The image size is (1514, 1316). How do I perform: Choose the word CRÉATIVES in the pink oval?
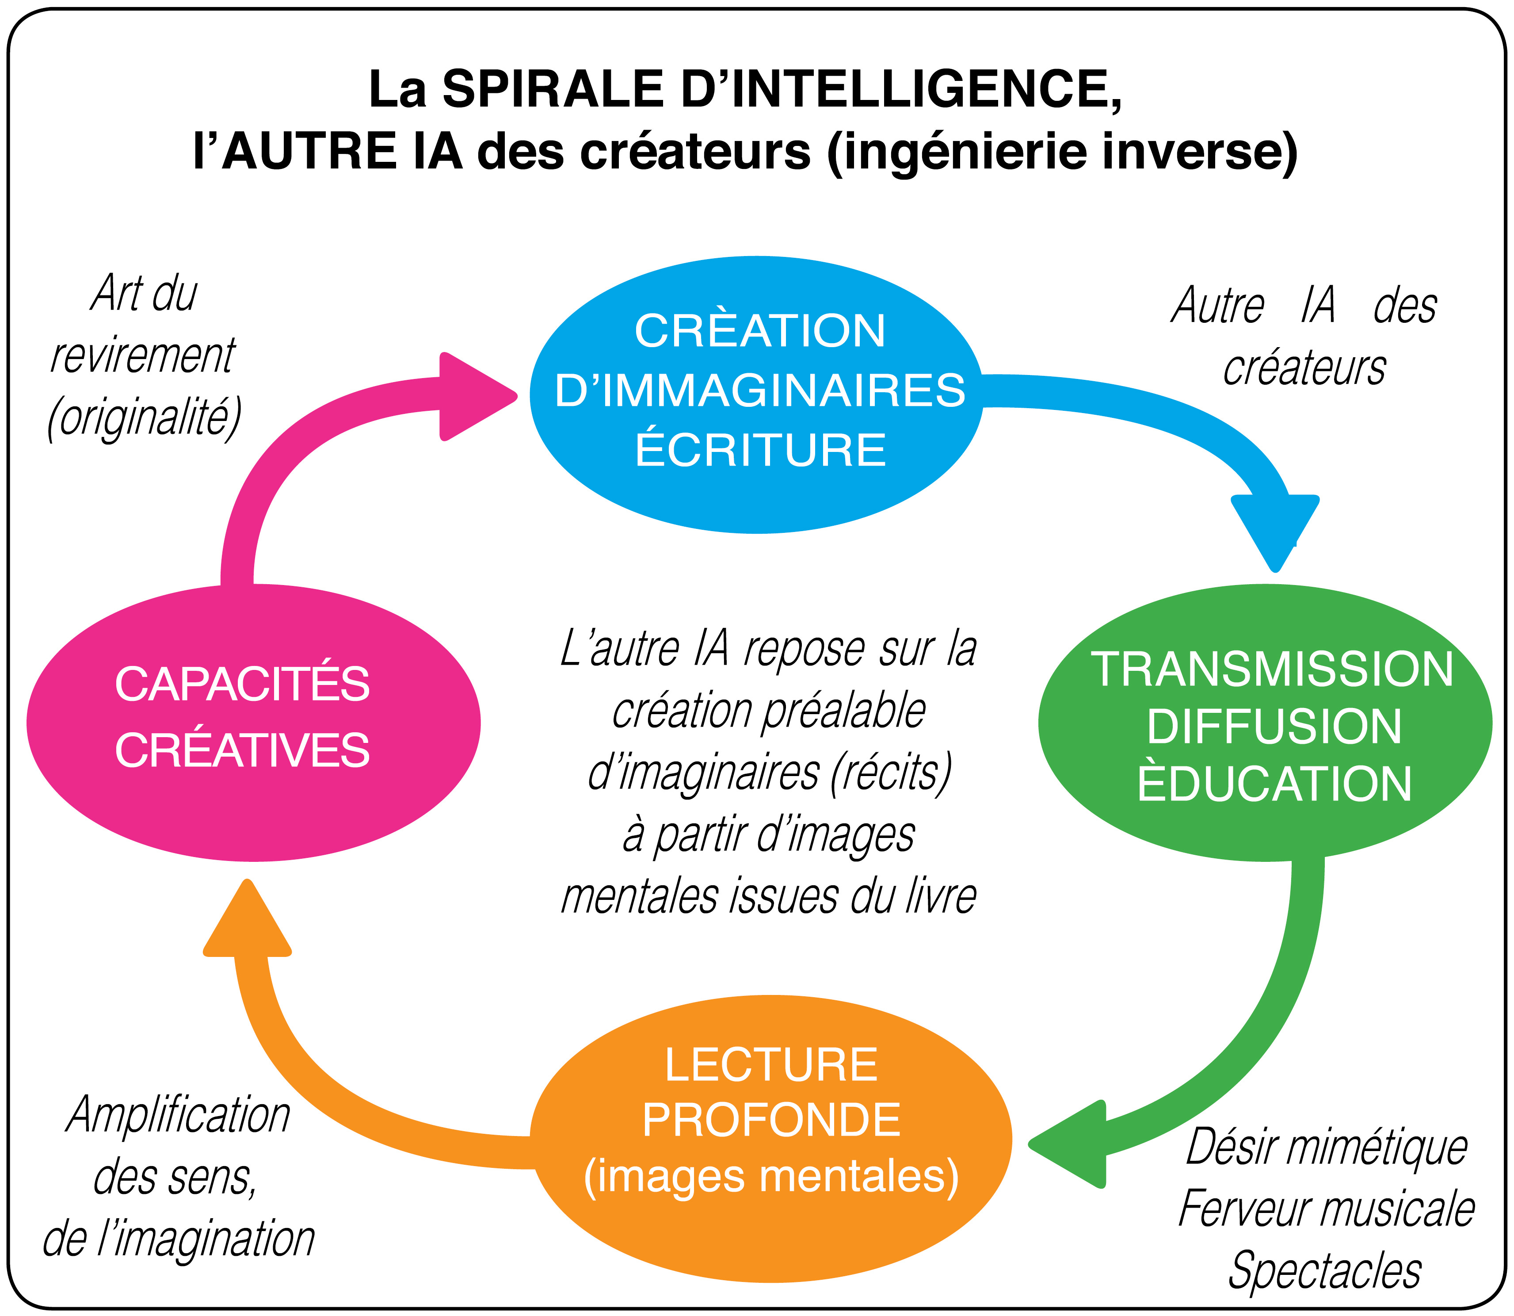tap(242, 750)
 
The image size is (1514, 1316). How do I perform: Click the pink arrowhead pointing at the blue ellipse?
tap(473, 397)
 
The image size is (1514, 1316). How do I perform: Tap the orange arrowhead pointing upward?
tap(248, 921)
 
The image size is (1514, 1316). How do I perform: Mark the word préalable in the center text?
tap(843, 711)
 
